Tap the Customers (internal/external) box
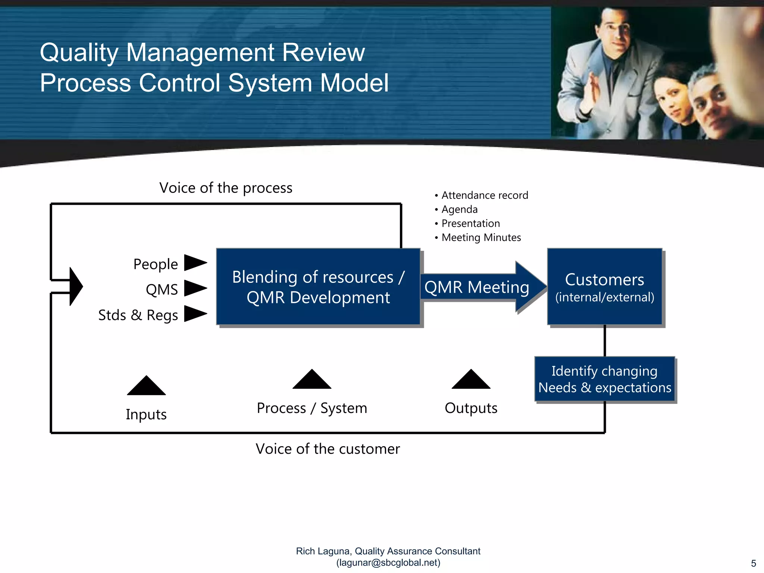pos(604,286)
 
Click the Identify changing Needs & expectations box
pos(604,379)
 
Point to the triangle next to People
pos(194,263)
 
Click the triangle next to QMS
pos(194,288)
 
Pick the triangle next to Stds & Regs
pos(194,313)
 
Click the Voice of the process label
pos(226,188)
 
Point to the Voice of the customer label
pos(328,449)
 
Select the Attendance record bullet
pos(484,195)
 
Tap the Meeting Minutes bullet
pos(481,237)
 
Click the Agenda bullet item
pos(459,209)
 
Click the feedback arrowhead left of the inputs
pos(76,286)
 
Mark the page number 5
pos(753,563)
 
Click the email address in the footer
pos(388,563)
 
